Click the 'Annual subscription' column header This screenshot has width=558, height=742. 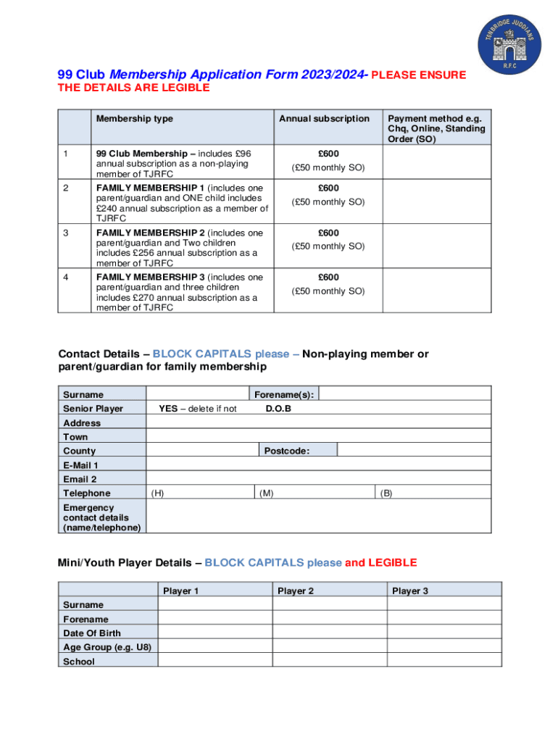[324, 119]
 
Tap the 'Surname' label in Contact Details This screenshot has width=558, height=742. [83, 395]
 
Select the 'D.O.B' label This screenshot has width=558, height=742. [278, 409]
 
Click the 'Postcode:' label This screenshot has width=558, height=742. [287, 451]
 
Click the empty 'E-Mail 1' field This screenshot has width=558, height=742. [319, 465]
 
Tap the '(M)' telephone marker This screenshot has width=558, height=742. [267, 493]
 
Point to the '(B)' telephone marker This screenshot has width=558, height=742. [386, 493]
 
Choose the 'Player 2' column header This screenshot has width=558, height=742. [296, 591]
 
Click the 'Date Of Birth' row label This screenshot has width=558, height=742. [92, 633]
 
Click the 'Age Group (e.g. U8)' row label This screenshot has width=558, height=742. [107, 647]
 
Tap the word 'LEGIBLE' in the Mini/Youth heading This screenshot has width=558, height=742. [393, 562]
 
